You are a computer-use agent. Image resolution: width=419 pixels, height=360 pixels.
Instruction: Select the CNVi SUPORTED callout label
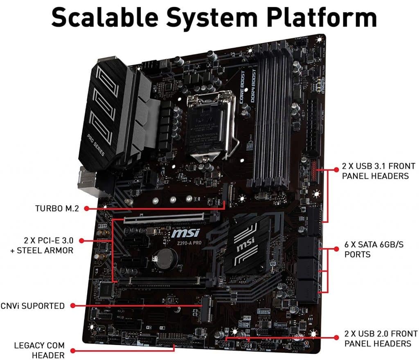point(32,306)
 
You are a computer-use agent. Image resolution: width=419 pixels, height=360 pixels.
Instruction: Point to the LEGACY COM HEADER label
point(39,350)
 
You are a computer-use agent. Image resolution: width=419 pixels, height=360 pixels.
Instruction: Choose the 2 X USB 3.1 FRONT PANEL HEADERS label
point(372,171)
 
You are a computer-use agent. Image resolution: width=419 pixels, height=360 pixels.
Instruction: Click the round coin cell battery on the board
point(167,256)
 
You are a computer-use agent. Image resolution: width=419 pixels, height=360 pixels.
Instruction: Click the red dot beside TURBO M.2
point(87,208)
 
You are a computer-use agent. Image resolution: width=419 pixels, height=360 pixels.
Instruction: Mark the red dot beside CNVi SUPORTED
point(72,306)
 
